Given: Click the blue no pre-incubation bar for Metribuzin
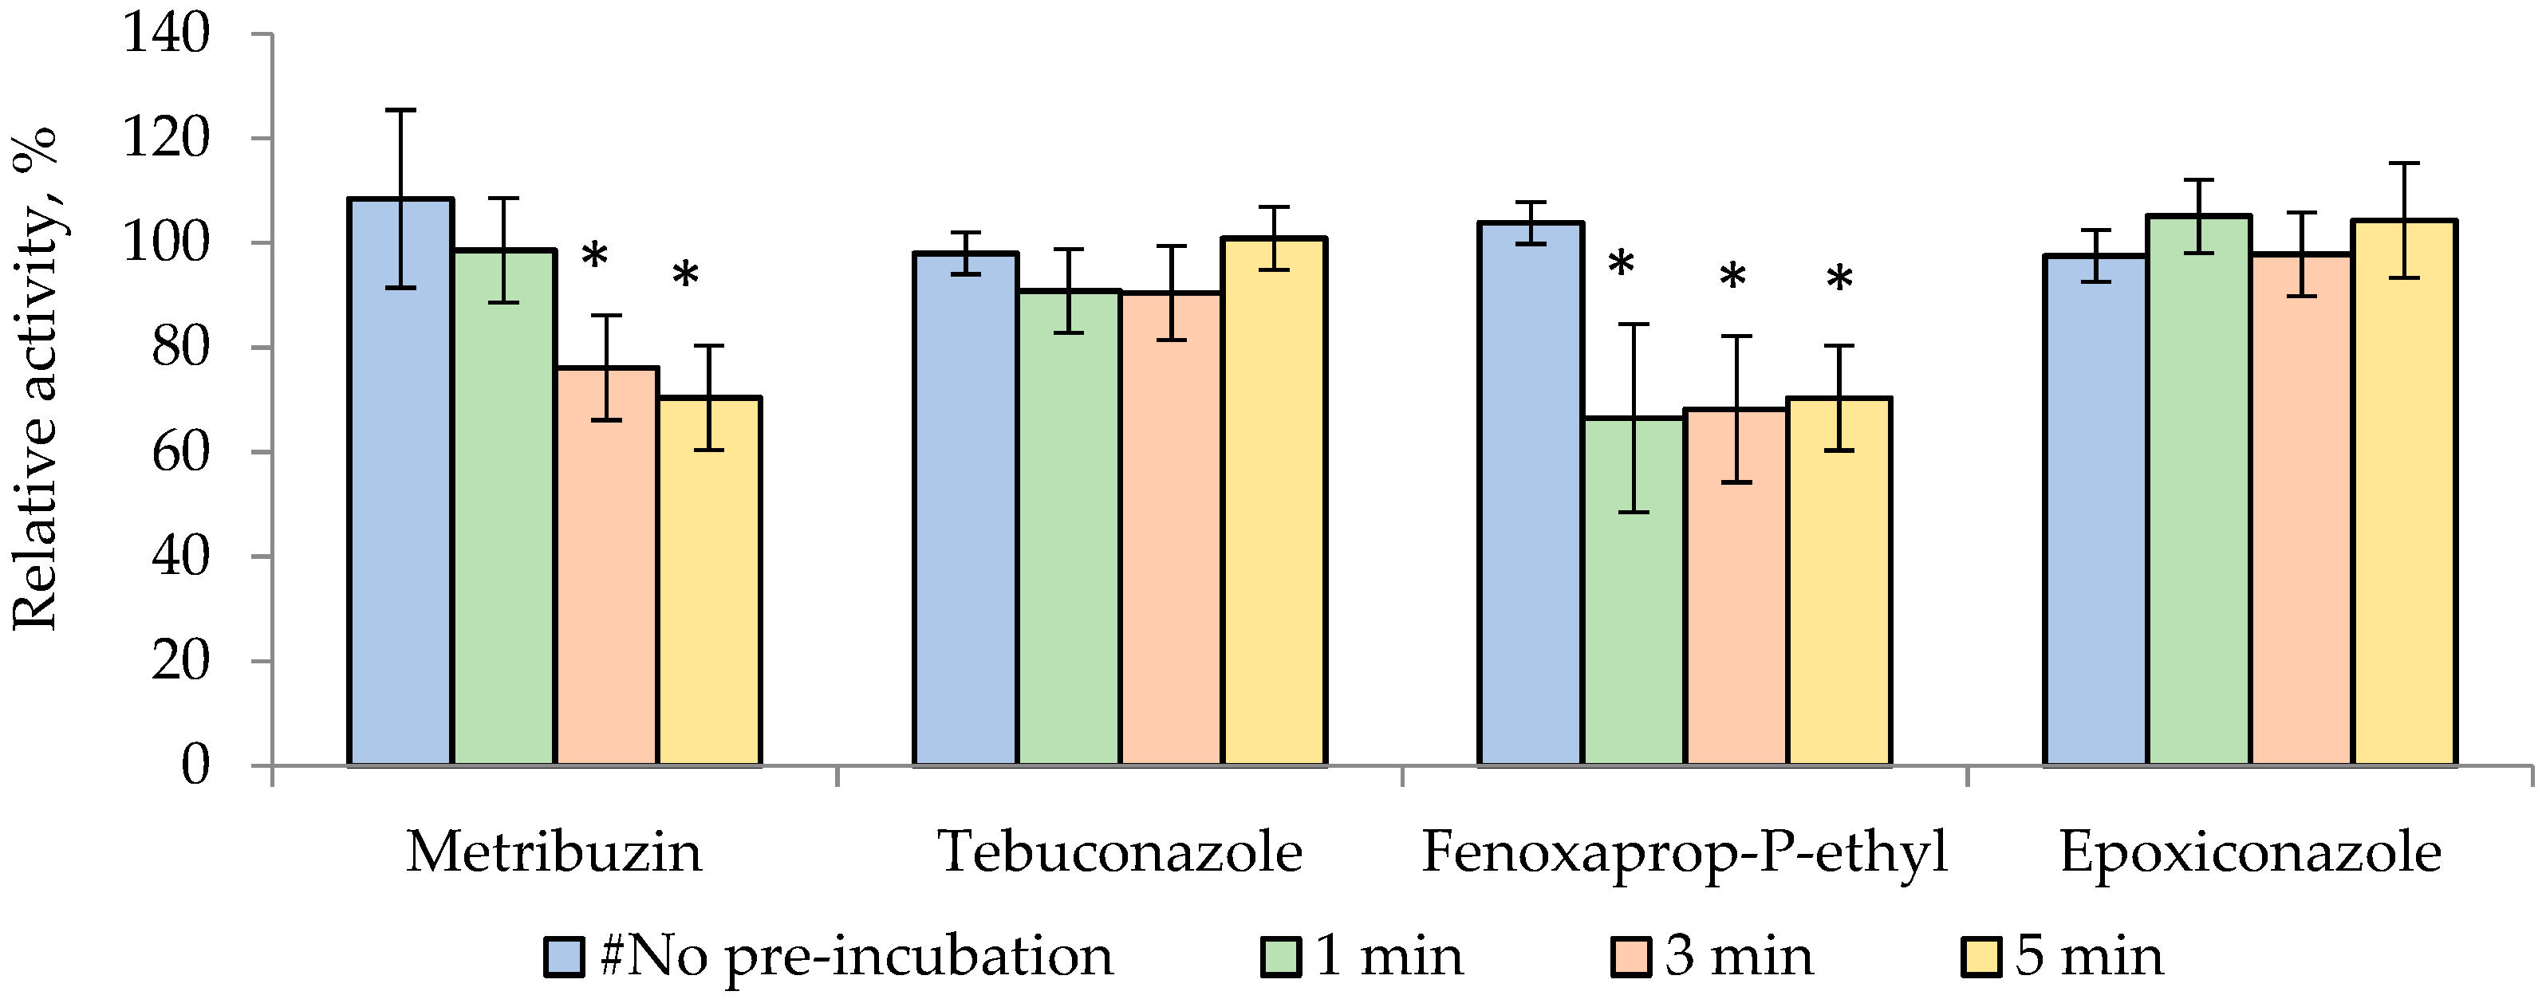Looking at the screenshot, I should tap(400, 484).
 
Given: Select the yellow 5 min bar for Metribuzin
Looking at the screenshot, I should tap(710, 583).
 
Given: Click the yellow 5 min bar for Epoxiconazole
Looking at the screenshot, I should tap(2404, 494).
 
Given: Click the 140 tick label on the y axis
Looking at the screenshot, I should tap(166, 34).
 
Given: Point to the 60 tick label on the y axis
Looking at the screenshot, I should tap(181, 453).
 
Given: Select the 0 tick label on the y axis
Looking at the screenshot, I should tap(195, 766).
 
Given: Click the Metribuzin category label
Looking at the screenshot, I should tap(554, 852).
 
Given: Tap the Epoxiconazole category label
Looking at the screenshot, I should tap(2251, 852).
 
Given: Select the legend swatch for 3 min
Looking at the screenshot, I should tap(1631, 957).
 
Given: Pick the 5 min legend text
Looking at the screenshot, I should tap(2090, 957).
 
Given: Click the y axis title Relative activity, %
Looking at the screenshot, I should tap(34, 380).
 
